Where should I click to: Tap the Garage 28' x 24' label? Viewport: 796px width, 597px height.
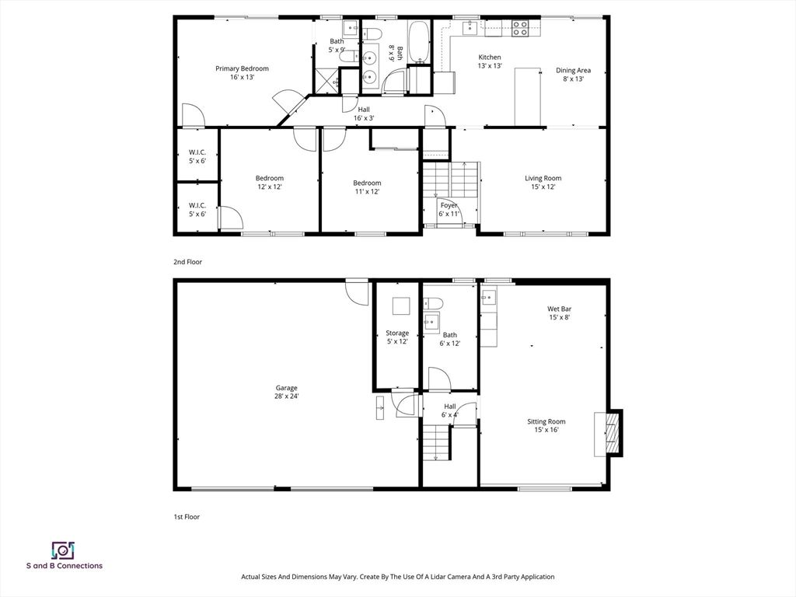286,392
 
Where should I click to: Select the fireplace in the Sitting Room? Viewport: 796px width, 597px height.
613,432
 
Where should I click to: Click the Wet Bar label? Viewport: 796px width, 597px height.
559,312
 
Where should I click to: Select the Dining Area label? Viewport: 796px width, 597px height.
573,74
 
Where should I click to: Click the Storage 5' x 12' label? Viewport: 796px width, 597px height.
397,337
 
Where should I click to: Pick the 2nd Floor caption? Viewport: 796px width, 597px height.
187,262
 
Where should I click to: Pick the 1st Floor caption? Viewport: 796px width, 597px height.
187,516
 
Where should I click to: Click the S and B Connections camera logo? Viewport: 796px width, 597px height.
63,550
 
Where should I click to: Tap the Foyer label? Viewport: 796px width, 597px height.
449,208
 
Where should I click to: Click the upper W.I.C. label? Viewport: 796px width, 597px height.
197,156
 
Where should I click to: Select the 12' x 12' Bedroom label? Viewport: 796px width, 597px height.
270,182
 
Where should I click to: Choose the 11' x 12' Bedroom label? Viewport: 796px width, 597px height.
367,187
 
